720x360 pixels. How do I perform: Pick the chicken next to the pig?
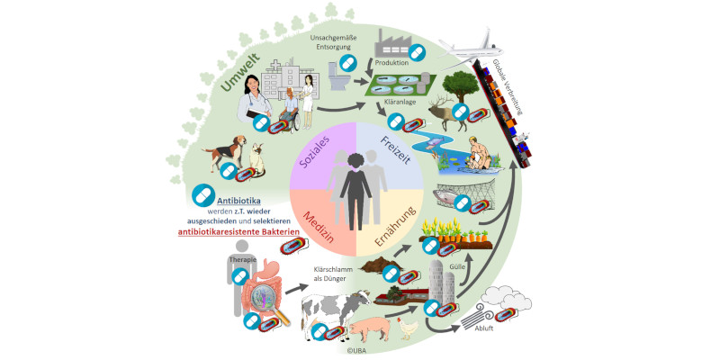409,327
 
